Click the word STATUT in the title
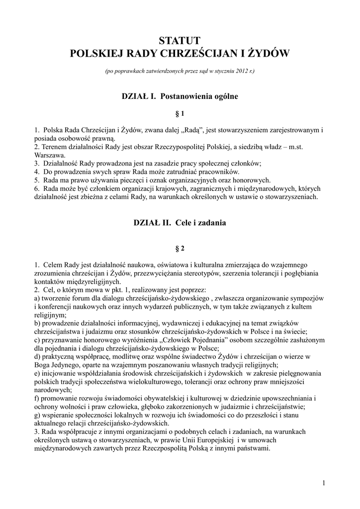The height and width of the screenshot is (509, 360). [x=180, y=40]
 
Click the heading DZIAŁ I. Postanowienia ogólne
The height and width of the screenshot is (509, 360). [x=180, y=96]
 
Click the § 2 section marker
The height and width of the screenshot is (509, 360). [x=180, y=248]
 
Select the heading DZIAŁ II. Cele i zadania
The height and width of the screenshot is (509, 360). [x=180, y=223]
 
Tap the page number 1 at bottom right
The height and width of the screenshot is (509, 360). [x=323, y=483]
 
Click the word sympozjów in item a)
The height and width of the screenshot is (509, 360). [x=308, y=298]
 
